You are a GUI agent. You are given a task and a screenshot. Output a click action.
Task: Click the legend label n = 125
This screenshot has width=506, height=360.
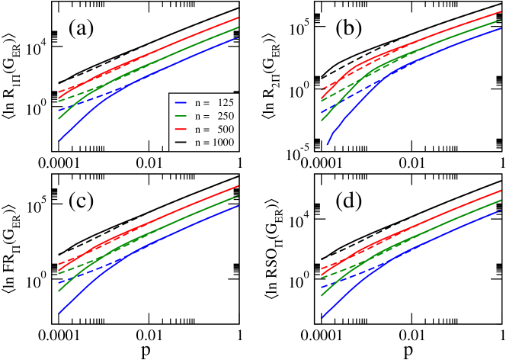[214, 102]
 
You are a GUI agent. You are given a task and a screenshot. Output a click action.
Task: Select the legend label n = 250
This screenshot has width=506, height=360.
[214, 116]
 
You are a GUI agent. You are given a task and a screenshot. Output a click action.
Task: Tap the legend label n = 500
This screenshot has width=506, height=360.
[214, 130]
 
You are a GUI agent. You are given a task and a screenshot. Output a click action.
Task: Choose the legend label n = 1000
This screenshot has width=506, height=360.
[214, 143]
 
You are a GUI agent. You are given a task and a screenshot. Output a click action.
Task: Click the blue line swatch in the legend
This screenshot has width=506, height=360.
[181, 102]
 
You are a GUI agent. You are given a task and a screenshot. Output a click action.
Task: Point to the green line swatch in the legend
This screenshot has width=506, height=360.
[181, 116]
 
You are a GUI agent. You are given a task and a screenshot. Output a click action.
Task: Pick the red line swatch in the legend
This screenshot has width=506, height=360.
[181, 130]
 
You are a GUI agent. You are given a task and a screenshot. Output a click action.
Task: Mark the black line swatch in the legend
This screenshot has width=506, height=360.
[181, 143]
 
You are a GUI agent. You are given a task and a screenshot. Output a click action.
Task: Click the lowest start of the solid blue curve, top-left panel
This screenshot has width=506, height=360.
[59, 140]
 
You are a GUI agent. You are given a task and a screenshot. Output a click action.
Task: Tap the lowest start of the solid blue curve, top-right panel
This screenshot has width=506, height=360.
[328, 144]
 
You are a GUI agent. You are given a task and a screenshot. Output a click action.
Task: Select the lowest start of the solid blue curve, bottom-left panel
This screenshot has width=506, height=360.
[59, 313]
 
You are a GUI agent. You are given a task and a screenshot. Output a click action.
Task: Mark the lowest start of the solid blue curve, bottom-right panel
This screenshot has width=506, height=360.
[322, 318]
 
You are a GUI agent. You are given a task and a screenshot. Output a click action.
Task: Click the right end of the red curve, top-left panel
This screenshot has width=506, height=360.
[239, 17]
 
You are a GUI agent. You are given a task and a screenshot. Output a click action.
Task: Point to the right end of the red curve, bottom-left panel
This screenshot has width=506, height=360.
[239, 186]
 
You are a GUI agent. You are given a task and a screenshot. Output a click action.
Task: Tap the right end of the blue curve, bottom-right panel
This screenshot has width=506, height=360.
[502, 211]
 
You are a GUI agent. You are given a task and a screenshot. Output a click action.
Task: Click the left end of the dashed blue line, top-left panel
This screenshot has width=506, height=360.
[59, 111]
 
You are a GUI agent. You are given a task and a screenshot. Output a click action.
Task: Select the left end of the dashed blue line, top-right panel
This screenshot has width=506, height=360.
[322, 112]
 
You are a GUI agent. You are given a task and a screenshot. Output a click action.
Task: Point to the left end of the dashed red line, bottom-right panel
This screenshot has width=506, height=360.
[322, 268]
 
